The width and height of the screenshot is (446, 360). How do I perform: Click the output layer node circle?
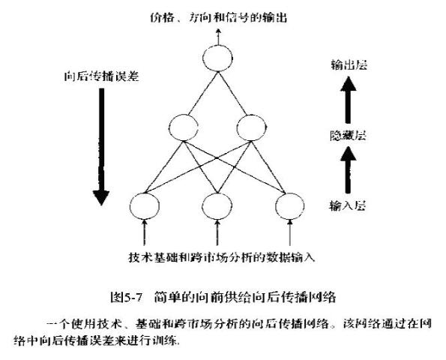click(x=217, y=46)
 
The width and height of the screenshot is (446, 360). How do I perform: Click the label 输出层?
click(x=349, y=65)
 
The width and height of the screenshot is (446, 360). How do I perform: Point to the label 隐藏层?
click(x=348, y=136)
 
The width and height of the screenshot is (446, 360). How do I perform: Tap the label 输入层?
click(x=347, y=205)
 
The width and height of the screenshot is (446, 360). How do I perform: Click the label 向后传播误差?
click(x=101, y=76)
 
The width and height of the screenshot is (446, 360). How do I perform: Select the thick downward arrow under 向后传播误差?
click(x=101, y=146)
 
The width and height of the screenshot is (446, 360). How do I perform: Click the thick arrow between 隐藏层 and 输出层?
click(x=348, y=100)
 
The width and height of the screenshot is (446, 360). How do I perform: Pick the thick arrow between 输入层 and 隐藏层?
click(x=348, y=170)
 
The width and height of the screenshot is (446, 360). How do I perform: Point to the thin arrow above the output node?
click(x=218, y=37)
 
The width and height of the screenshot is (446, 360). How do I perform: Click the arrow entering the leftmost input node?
click(x=145, y=232)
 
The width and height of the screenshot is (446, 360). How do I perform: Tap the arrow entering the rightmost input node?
click(x=290, y=232)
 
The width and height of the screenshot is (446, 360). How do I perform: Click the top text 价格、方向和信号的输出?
click(x=218, y=18)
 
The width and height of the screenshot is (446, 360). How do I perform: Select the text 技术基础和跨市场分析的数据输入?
click(x=222, y=257)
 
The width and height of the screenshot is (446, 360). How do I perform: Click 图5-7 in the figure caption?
click(x=126, y=298)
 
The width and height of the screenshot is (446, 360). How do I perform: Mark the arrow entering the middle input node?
click(x=217, y=232)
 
